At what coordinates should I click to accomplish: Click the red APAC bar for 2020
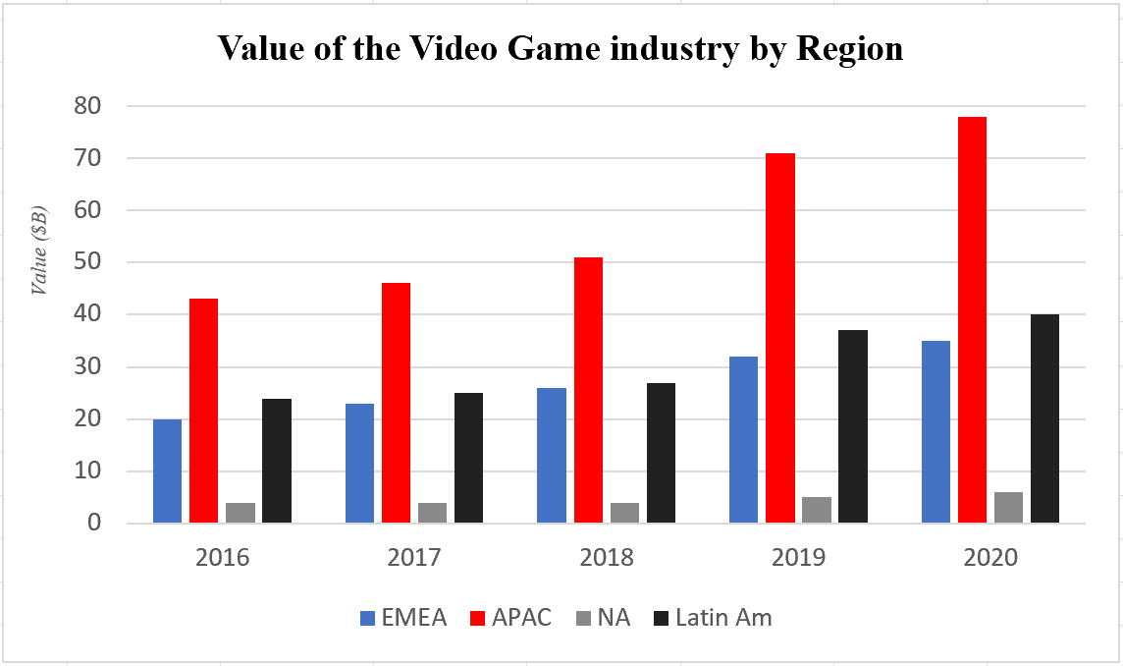[x=972, y=319]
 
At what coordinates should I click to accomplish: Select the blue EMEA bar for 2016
[x=167, y=471]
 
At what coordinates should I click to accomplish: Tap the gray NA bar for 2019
[x=816, y=510]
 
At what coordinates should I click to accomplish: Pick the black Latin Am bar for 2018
[x=661, y=452]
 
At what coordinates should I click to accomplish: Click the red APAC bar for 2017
[x=396, y=403]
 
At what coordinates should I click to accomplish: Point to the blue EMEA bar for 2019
[x=743, y=439]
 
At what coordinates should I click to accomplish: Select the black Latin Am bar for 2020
[x=1044, y=418]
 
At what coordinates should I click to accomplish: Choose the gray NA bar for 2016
[x=240, y=512]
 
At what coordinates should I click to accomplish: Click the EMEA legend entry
[x=403, y=618]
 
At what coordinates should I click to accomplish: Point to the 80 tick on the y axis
[x=99, y=105]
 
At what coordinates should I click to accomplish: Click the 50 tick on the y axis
[x=99, y=262]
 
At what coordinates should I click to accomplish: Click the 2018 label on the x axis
[x=607, y=558]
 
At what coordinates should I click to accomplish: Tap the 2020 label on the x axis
[x=991, y=558]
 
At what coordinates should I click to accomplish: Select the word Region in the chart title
[x=849, y=50]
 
